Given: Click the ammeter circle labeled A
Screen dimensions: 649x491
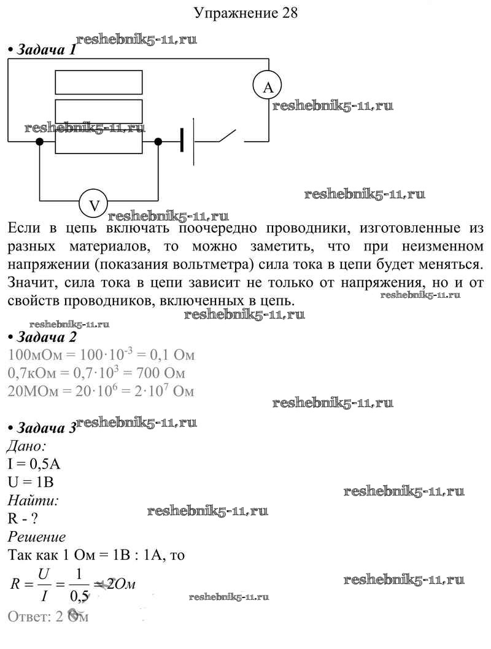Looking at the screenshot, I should pyautogui.click(x=268, y=88).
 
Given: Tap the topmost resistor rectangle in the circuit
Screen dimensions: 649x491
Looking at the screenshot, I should pyautogui.click(x=99, y=82).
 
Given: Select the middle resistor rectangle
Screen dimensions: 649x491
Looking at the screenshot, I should pyautogui.click(x=99, y=112).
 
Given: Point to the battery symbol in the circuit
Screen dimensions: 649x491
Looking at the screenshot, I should pyautogui.click(x=188, y=142).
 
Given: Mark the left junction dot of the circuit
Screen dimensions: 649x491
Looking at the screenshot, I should pyautogui.click(x=40, y=142).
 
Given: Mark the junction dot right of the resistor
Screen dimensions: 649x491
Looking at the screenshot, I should pyautogui.click(x=158, y=142).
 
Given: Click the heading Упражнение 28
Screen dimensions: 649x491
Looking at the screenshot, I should pyautogui.click(x=245, y=13).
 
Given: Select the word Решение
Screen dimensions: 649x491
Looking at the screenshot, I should pyautogui.click(x=37, y=537).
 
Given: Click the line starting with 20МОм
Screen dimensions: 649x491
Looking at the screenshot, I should pyautogui.click(x=101, y=391).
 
